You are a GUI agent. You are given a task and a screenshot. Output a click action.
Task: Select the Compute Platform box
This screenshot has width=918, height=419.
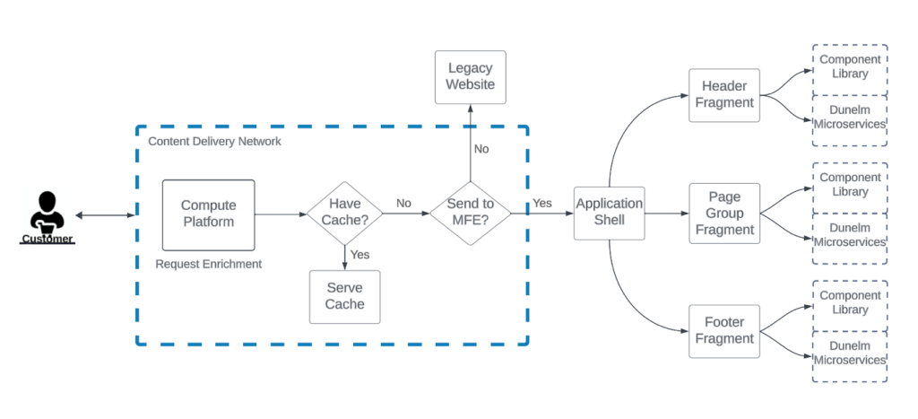pos(208,214)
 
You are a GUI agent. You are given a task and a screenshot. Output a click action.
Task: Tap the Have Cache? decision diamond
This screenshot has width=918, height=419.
pos(344,214)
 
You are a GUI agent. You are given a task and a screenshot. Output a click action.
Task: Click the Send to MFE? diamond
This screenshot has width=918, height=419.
pos(470,214)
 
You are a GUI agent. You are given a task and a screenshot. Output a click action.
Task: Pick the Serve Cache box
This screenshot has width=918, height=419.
pos(344,296)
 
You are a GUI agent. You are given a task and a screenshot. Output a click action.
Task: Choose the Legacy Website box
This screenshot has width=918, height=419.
pos(471,76)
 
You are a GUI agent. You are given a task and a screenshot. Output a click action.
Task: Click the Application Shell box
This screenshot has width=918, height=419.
pos(609,214)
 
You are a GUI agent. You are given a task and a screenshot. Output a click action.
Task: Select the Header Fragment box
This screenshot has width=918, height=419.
pos(723,95)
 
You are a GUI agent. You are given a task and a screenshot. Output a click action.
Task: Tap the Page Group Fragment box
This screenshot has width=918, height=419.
pos(723,214)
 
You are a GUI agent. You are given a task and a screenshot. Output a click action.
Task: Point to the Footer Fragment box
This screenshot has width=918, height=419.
pos(723,331)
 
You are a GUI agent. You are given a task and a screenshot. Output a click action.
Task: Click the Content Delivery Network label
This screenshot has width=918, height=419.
pos(214,142)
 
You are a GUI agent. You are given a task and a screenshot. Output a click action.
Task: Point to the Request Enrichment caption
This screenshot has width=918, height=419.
pos(208,264)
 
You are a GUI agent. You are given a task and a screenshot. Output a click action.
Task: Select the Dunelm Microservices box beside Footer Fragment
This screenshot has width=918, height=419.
pos(849,354)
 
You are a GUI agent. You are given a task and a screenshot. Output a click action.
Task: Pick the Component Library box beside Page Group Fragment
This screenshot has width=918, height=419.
pos(849,185)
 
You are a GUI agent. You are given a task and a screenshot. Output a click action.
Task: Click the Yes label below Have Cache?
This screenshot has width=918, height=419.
pos(359,255)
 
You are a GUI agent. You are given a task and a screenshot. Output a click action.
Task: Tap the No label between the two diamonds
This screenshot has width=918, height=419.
pos(403,204)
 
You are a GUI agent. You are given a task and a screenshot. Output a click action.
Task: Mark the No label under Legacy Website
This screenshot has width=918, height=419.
pos(481,149)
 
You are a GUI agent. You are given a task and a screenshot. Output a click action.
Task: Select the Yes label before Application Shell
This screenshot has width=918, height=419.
pos(542,204)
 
